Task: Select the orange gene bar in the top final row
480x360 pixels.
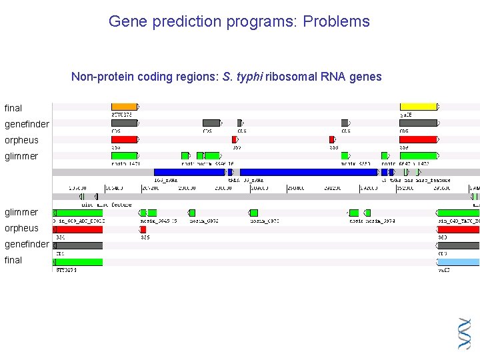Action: tap(124, 107)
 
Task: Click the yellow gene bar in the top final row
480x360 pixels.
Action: tap(418, 107)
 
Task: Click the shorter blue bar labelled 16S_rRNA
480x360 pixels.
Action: tap(189, 172)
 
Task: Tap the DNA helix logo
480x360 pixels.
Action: tap(465, 333)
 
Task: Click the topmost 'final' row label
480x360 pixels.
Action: tap(13, 108)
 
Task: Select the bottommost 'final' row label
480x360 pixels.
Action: tap(13, 260)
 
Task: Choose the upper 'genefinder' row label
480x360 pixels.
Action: tap(27, 124)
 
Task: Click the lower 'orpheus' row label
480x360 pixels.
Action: tap(22, 228)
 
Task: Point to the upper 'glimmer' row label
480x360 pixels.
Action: tap(21, 156)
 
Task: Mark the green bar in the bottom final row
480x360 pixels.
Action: tap(78, 262)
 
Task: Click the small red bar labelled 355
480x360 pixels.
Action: tap(143, 229)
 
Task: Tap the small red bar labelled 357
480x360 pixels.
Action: tap(234, 139)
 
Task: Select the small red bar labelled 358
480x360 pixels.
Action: tap(331, 139)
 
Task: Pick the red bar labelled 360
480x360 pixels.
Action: tap(458, 229)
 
